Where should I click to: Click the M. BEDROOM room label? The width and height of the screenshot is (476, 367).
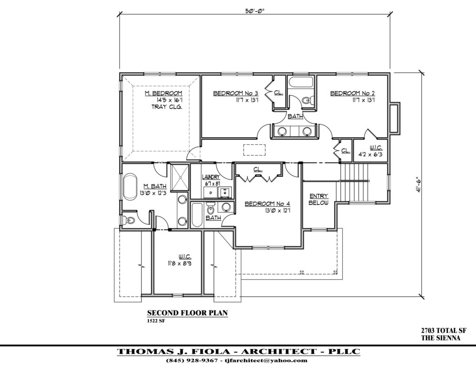159,94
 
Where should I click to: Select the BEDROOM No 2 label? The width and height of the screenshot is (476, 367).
352,94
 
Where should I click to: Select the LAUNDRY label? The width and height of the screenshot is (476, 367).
211,177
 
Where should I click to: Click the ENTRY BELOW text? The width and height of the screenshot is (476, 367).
318,200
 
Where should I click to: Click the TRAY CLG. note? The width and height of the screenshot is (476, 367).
166,107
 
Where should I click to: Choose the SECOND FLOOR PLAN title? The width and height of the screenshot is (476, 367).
187,313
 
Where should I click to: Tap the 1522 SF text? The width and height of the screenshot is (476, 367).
157,321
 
